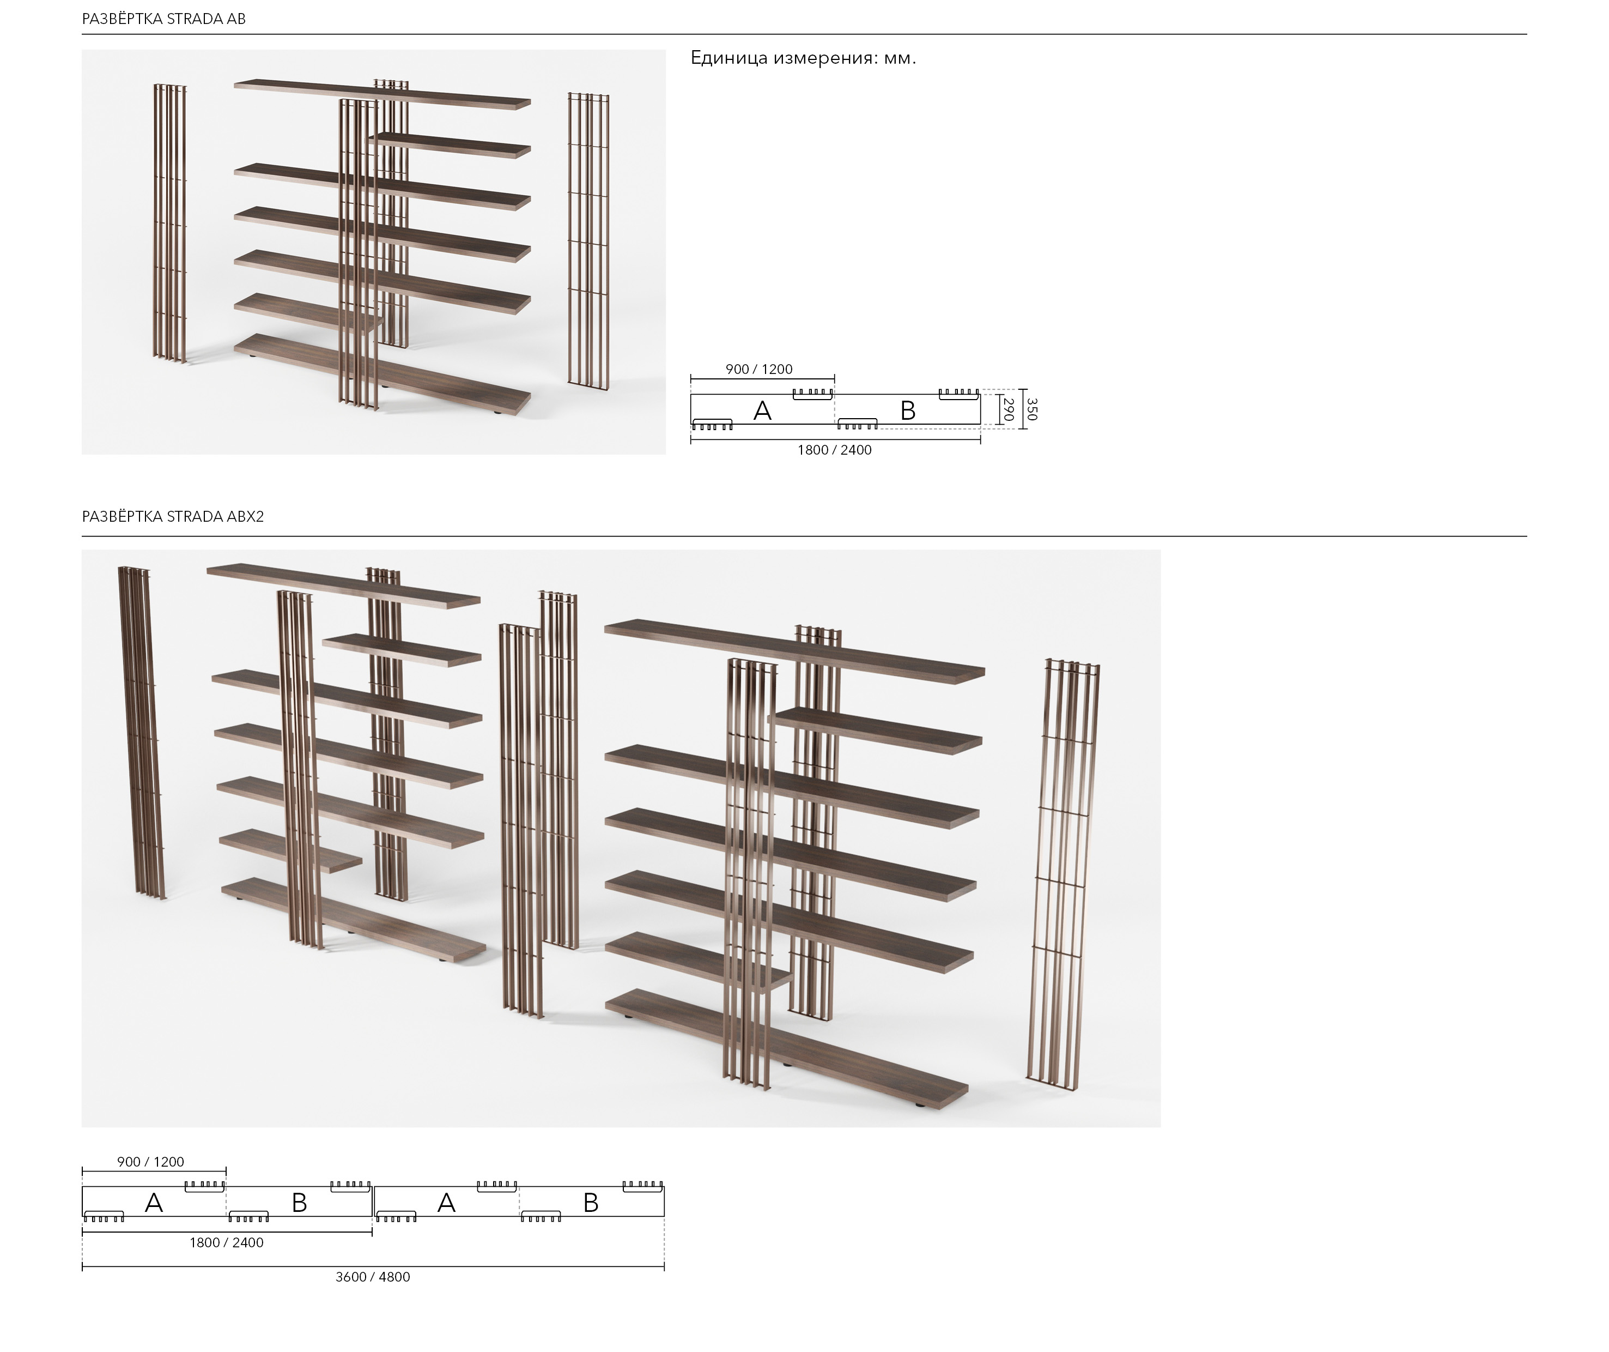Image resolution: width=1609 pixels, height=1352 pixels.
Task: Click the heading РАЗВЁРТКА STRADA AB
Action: tap(164, 19)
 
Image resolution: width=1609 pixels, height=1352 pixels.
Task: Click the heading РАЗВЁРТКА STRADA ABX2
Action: tap(173, 517)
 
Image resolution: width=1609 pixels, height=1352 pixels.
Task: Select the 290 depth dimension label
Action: tap(1009, 409)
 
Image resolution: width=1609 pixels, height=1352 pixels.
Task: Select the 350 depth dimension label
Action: tap(1031, 409)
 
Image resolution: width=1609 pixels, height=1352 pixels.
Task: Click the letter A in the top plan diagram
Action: tap(762, 411)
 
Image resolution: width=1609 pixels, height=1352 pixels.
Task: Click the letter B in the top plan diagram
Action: tap(908, 411)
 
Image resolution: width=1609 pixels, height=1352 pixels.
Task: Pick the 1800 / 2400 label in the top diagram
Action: tap(834, 450)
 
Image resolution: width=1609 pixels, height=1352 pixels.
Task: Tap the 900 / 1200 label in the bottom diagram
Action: tap(151, 1162)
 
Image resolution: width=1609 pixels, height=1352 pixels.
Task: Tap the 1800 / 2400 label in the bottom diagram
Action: tap(227, 1242)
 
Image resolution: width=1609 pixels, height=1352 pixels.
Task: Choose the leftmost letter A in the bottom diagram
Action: tap(154, 1203)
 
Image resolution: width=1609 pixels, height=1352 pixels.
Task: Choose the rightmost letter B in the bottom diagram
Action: tap(591, 1203)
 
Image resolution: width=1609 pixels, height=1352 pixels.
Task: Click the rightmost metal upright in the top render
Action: tap(588, 238)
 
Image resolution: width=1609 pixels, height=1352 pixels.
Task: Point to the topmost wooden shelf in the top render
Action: tap(383, 92)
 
